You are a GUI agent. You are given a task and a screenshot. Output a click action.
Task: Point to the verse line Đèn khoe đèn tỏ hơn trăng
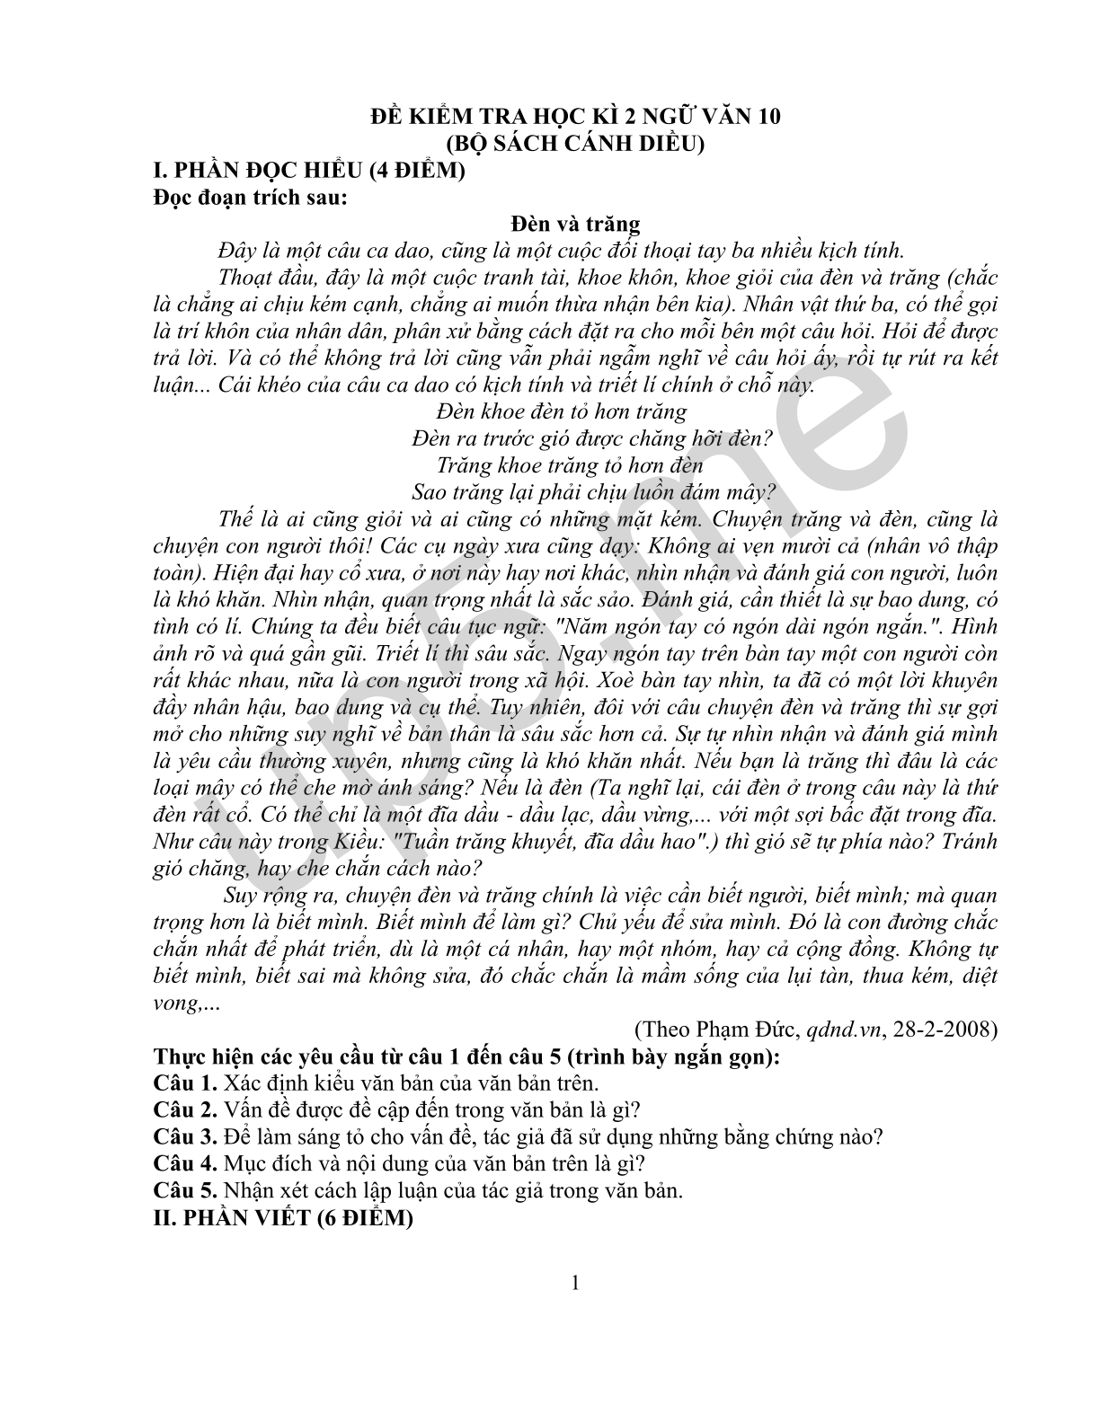[x=561, y=412]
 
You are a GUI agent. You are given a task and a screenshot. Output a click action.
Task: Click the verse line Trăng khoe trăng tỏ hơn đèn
[x=570, y=465]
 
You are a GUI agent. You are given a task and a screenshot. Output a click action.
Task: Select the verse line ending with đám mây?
[x=593, y=492]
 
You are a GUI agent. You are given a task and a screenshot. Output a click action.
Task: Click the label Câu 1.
[x=185, y=1084]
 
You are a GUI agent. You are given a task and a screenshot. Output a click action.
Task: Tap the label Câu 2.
[x=185, y=1110]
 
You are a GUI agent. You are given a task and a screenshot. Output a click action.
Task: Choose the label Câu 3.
[x=185, y=1137]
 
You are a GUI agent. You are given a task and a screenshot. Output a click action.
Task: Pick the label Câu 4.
[x=185, y=1164]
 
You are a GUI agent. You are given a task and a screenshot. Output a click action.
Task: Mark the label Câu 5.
[x=185, y=1191]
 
